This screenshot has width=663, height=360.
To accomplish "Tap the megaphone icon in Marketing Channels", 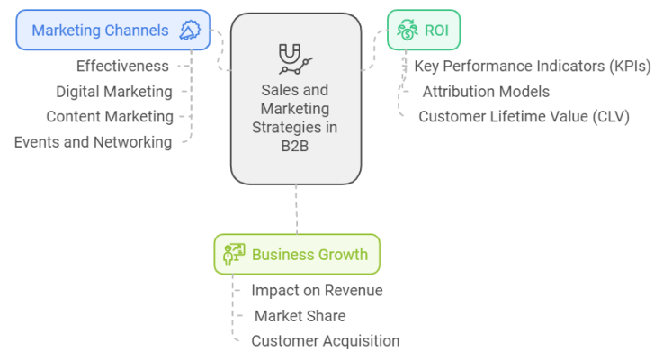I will coord(190,31).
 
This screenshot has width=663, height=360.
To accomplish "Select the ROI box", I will coord(423,31).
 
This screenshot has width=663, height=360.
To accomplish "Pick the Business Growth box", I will coord(297,254).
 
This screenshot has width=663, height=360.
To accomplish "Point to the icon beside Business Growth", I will coord(234,254).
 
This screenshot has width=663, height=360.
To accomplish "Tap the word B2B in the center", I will coord(295,147).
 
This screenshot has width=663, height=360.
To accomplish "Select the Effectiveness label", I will coord(122,66).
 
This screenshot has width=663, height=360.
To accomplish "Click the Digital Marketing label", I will coord(114,91).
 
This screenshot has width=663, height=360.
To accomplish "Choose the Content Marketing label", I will coord(110,116).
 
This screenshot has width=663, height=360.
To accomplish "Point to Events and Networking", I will coord(93,141).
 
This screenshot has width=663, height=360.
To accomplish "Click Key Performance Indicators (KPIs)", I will coord(532,66).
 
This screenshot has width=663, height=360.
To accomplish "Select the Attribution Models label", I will coord(486,91).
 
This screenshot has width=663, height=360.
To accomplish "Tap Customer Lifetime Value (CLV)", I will coord(524,116).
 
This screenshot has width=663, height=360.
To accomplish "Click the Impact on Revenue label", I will coord(317,290).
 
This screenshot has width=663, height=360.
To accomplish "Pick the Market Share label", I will coord(300,315).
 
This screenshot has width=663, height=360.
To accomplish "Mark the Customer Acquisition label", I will coord(325,340).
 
